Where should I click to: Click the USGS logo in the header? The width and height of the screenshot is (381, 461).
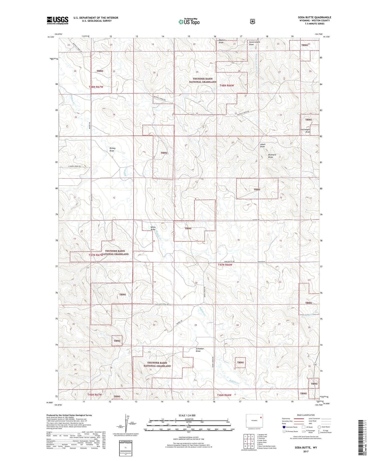[57, 20]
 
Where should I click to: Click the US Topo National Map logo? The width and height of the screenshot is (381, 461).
[189, 21]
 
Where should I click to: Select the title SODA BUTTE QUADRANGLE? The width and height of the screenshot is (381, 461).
[314, 17]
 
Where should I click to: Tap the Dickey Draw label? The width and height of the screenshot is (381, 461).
[112, 150]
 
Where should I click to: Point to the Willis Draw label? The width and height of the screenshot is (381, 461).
[153, 228]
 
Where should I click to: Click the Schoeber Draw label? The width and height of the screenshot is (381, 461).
[200, 350]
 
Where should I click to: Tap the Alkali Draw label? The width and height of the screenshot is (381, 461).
[262, 145]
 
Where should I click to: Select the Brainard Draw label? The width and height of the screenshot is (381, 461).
[272, 156]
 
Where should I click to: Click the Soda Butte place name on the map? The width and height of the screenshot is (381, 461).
[261, 262]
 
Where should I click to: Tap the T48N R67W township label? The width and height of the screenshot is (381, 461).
[96, 87]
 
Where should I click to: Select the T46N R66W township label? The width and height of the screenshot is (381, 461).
[224, 395]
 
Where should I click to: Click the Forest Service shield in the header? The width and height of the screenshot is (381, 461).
[252, 22]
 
